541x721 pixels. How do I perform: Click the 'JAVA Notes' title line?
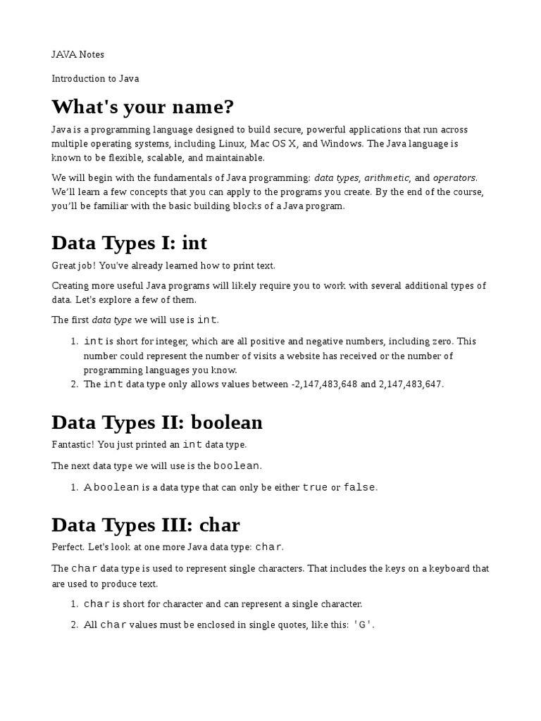77,54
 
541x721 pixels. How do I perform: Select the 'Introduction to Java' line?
94,78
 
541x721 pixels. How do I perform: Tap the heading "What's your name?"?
142,107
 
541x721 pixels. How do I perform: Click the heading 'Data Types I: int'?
129,243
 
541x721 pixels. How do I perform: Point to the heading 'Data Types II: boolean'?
156,422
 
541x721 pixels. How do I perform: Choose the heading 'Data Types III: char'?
146,525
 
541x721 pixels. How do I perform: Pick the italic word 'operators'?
454,177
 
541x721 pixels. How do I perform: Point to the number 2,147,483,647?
411,384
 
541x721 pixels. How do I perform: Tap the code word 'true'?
315,487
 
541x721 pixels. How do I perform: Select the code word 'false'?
359,487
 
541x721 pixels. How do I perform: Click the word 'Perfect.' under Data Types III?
68,546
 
